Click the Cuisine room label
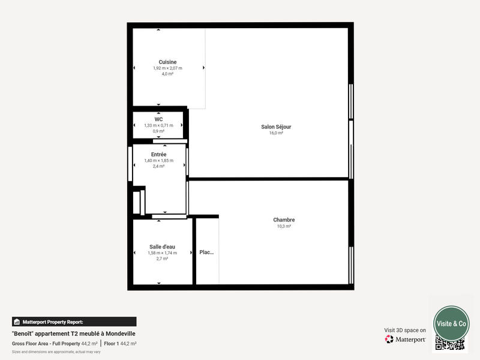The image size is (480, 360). (167, 62)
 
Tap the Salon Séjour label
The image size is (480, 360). (276, 127)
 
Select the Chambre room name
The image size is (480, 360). (284, 220)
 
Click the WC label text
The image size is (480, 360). (158, 119)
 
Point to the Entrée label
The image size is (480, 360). (158, 154)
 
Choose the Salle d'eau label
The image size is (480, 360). (162, 247)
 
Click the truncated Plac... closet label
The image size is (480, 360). (206, 253)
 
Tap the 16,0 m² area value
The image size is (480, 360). (276, 133)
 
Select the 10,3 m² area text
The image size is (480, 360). (284, 226)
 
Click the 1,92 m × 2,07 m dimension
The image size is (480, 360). (167, 68)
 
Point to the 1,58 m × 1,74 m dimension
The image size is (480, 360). (162, 253)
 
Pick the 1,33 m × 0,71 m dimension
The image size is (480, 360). (158, 125)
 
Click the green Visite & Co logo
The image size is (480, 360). (451, 323)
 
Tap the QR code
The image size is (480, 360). (449, 344)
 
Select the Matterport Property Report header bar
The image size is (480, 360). (74, 322)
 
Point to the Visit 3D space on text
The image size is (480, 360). (405, 330)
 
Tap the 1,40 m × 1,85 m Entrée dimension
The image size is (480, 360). (158, 160)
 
